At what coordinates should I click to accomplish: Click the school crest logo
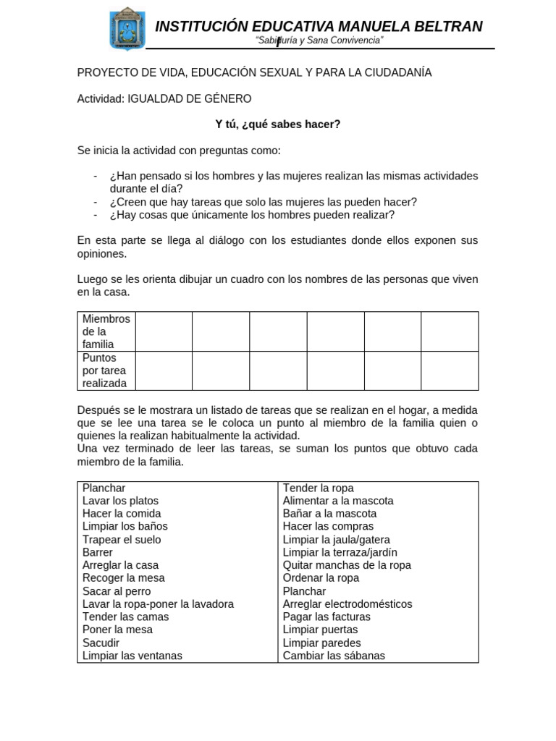tap(127, 29)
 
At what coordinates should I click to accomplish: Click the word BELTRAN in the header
tap(448, 27)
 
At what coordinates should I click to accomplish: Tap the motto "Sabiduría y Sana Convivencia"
tap(319, 41)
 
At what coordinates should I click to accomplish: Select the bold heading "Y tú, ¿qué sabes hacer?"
tap(277, 124)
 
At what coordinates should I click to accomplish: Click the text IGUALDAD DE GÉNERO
tap(190, 98)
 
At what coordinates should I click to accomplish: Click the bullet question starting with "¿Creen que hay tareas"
tap(263, 202)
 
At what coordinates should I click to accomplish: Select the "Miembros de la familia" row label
tap(106, 331)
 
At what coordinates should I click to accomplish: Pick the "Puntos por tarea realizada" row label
tap(104, 370)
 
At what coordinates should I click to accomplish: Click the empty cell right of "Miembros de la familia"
tap(164, 331)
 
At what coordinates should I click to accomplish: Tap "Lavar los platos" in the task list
tap(120, 501)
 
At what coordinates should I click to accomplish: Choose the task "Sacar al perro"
tap(117, 591)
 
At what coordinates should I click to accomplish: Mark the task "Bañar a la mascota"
tap(329, 514)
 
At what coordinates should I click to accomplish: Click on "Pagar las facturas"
tap(327, 617)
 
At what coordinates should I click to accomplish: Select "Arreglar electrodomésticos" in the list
tap(347, 604)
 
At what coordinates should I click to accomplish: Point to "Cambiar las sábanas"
tap(334, 656)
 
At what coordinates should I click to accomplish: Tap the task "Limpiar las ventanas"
tap(132, 656)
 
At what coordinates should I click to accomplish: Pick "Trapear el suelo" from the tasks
tap(122, 540)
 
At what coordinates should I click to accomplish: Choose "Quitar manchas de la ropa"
tap(347, 565)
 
